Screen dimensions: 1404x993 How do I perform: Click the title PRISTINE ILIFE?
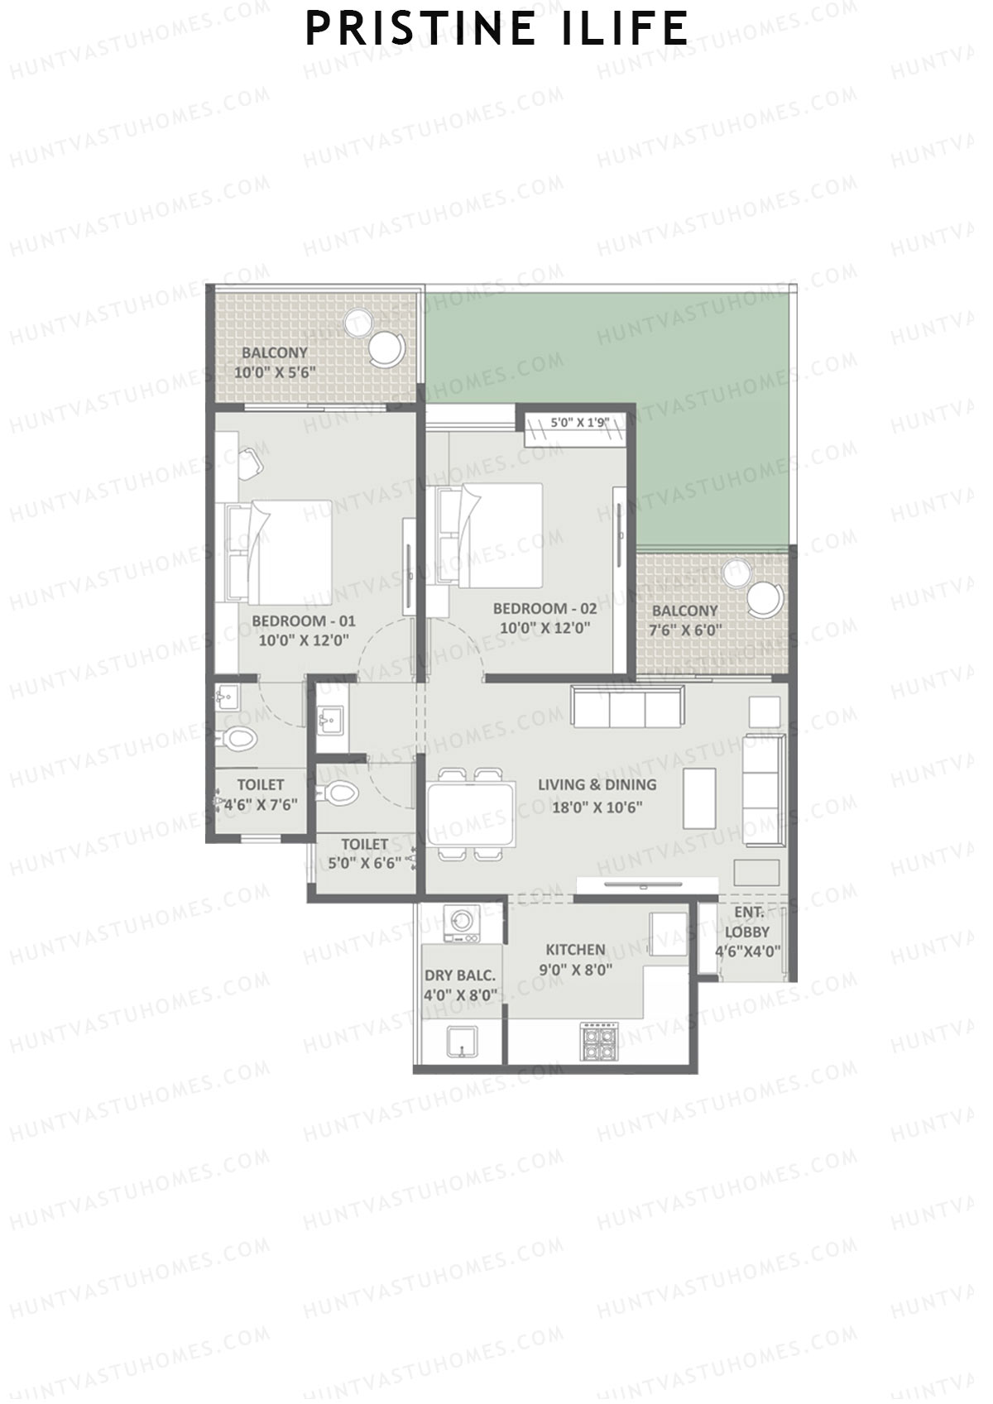point(496,28)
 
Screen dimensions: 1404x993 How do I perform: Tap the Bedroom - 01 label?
point(304,621)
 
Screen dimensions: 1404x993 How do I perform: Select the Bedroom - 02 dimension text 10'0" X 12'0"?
point(544,628)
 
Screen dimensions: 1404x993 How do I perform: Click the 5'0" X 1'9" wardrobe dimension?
point(580,422)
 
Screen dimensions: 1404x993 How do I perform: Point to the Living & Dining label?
point(597,784)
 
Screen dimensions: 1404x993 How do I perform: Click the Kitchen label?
point(575,950)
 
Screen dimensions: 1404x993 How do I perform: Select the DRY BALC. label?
point(460,975)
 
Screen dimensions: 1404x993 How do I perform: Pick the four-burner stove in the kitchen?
point(598,1041)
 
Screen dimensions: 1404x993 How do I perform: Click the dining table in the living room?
point(469,813)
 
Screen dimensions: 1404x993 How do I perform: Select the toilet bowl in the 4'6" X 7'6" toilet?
point(240,737)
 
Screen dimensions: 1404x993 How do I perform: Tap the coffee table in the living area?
point(699,798)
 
